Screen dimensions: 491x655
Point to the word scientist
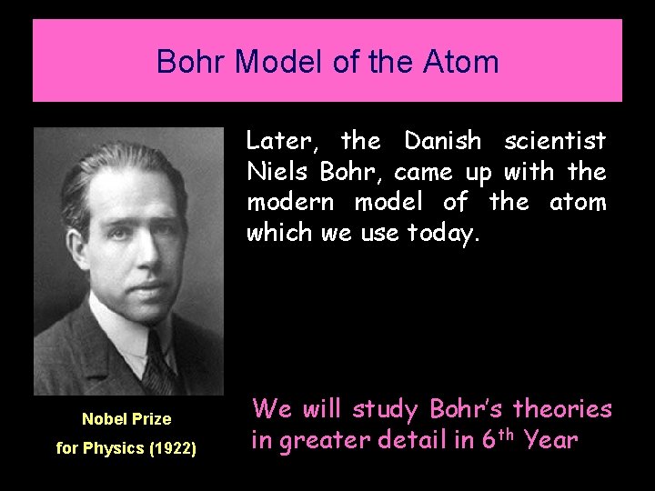point(555,141)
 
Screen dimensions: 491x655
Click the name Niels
point(273,171)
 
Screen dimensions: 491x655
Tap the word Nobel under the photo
point(104,419)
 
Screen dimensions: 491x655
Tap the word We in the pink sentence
point(269,408)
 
